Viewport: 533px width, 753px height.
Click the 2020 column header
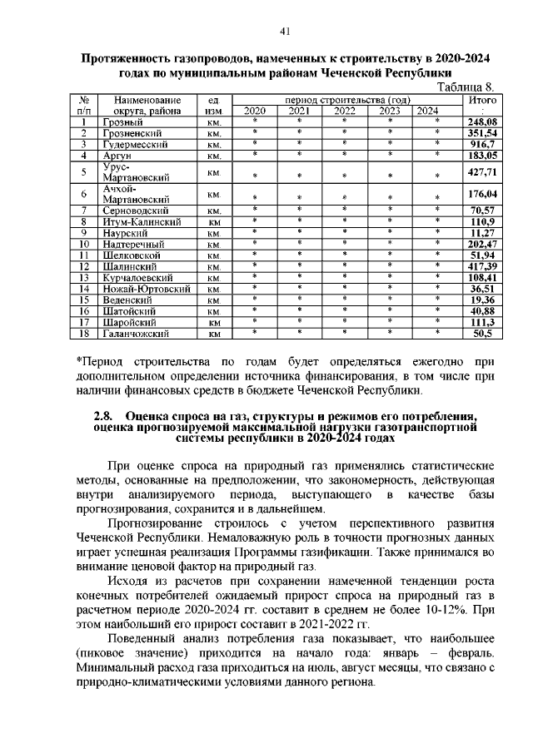click(x=254, y=111)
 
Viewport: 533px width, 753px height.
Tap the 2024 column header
click(x=427, y=111)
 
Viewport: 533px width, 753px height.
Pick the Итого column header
click(x=482, y=100)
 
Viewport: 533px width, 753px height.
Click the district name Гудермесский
click(x=137, y=144)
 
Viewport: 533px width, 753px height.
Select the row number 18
click(x=84, y=333)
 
